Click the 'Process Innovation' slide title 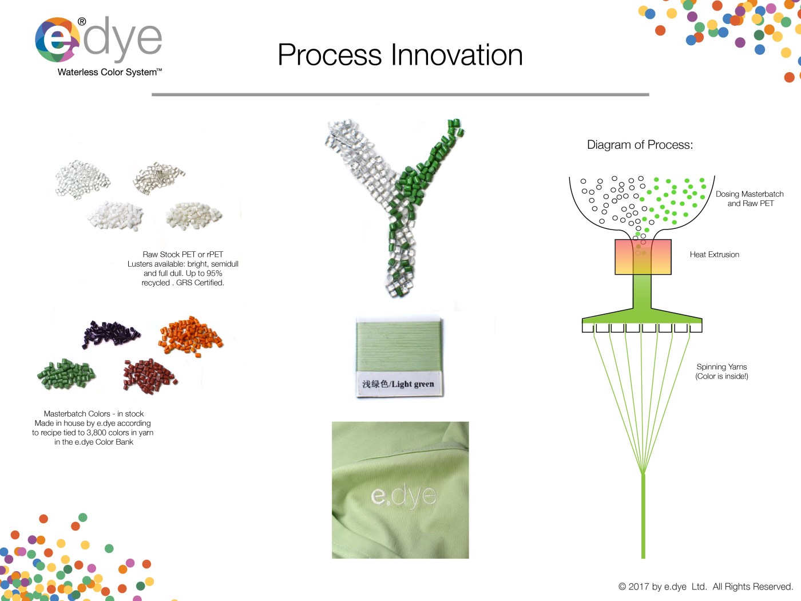coord(400,55)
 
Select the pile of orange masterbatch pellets coord(191,336)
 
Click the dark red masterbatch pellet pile coord(150,375)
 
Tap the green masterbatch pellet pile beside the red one coord(66,374)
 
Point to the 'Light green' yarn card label coord(398,383)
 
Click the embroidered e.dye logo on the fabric coord(403,495)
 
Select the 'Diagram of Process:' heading coord(640,145)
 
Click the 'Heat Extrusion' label coord(714,255)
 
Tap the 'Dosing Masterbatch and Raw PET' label coord(750,199)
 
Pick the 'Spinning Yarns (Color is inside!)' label coord(721,371)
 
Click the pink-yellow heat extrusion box coord(643,256)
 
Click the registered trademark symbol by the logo coord(82,22)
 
